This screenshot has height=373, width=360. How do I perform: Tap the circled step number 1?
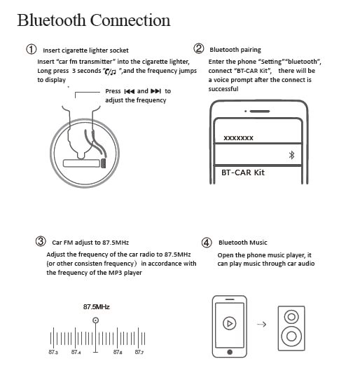[32, 50]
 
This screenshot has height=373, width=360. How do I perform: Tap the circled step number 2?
[199, 49]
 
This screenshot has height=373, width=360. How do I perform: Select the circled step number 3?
[41, 242]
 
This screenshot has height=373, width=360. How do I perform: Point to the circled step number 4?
[206, 243]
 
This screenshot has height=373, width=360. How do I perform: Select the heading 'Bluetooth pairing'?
[235, 50]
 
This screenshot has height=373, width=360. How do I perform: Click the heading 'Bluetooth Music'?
[242, 243]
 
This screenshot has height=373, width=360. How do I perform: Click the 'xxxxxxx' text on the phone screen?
[238, 138]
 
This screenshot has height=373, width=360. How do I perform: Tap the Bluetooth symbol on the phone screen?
[292, 154]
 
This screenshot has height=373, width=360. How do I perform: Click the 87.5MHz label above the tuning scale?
[97, 307]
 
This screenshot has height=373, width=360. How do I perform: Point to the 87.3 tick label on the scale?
[53, 352]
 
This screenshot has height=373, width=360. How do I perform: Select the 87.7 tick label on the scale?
[139, 352]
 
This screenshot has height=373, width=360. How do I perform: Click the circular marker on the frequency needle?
[96, 320]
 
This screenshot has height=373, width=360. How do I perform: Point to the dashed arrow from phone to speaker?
[262, 325]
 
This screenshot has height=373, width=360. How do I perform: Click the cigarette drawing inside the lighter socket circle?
[82, 163]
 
